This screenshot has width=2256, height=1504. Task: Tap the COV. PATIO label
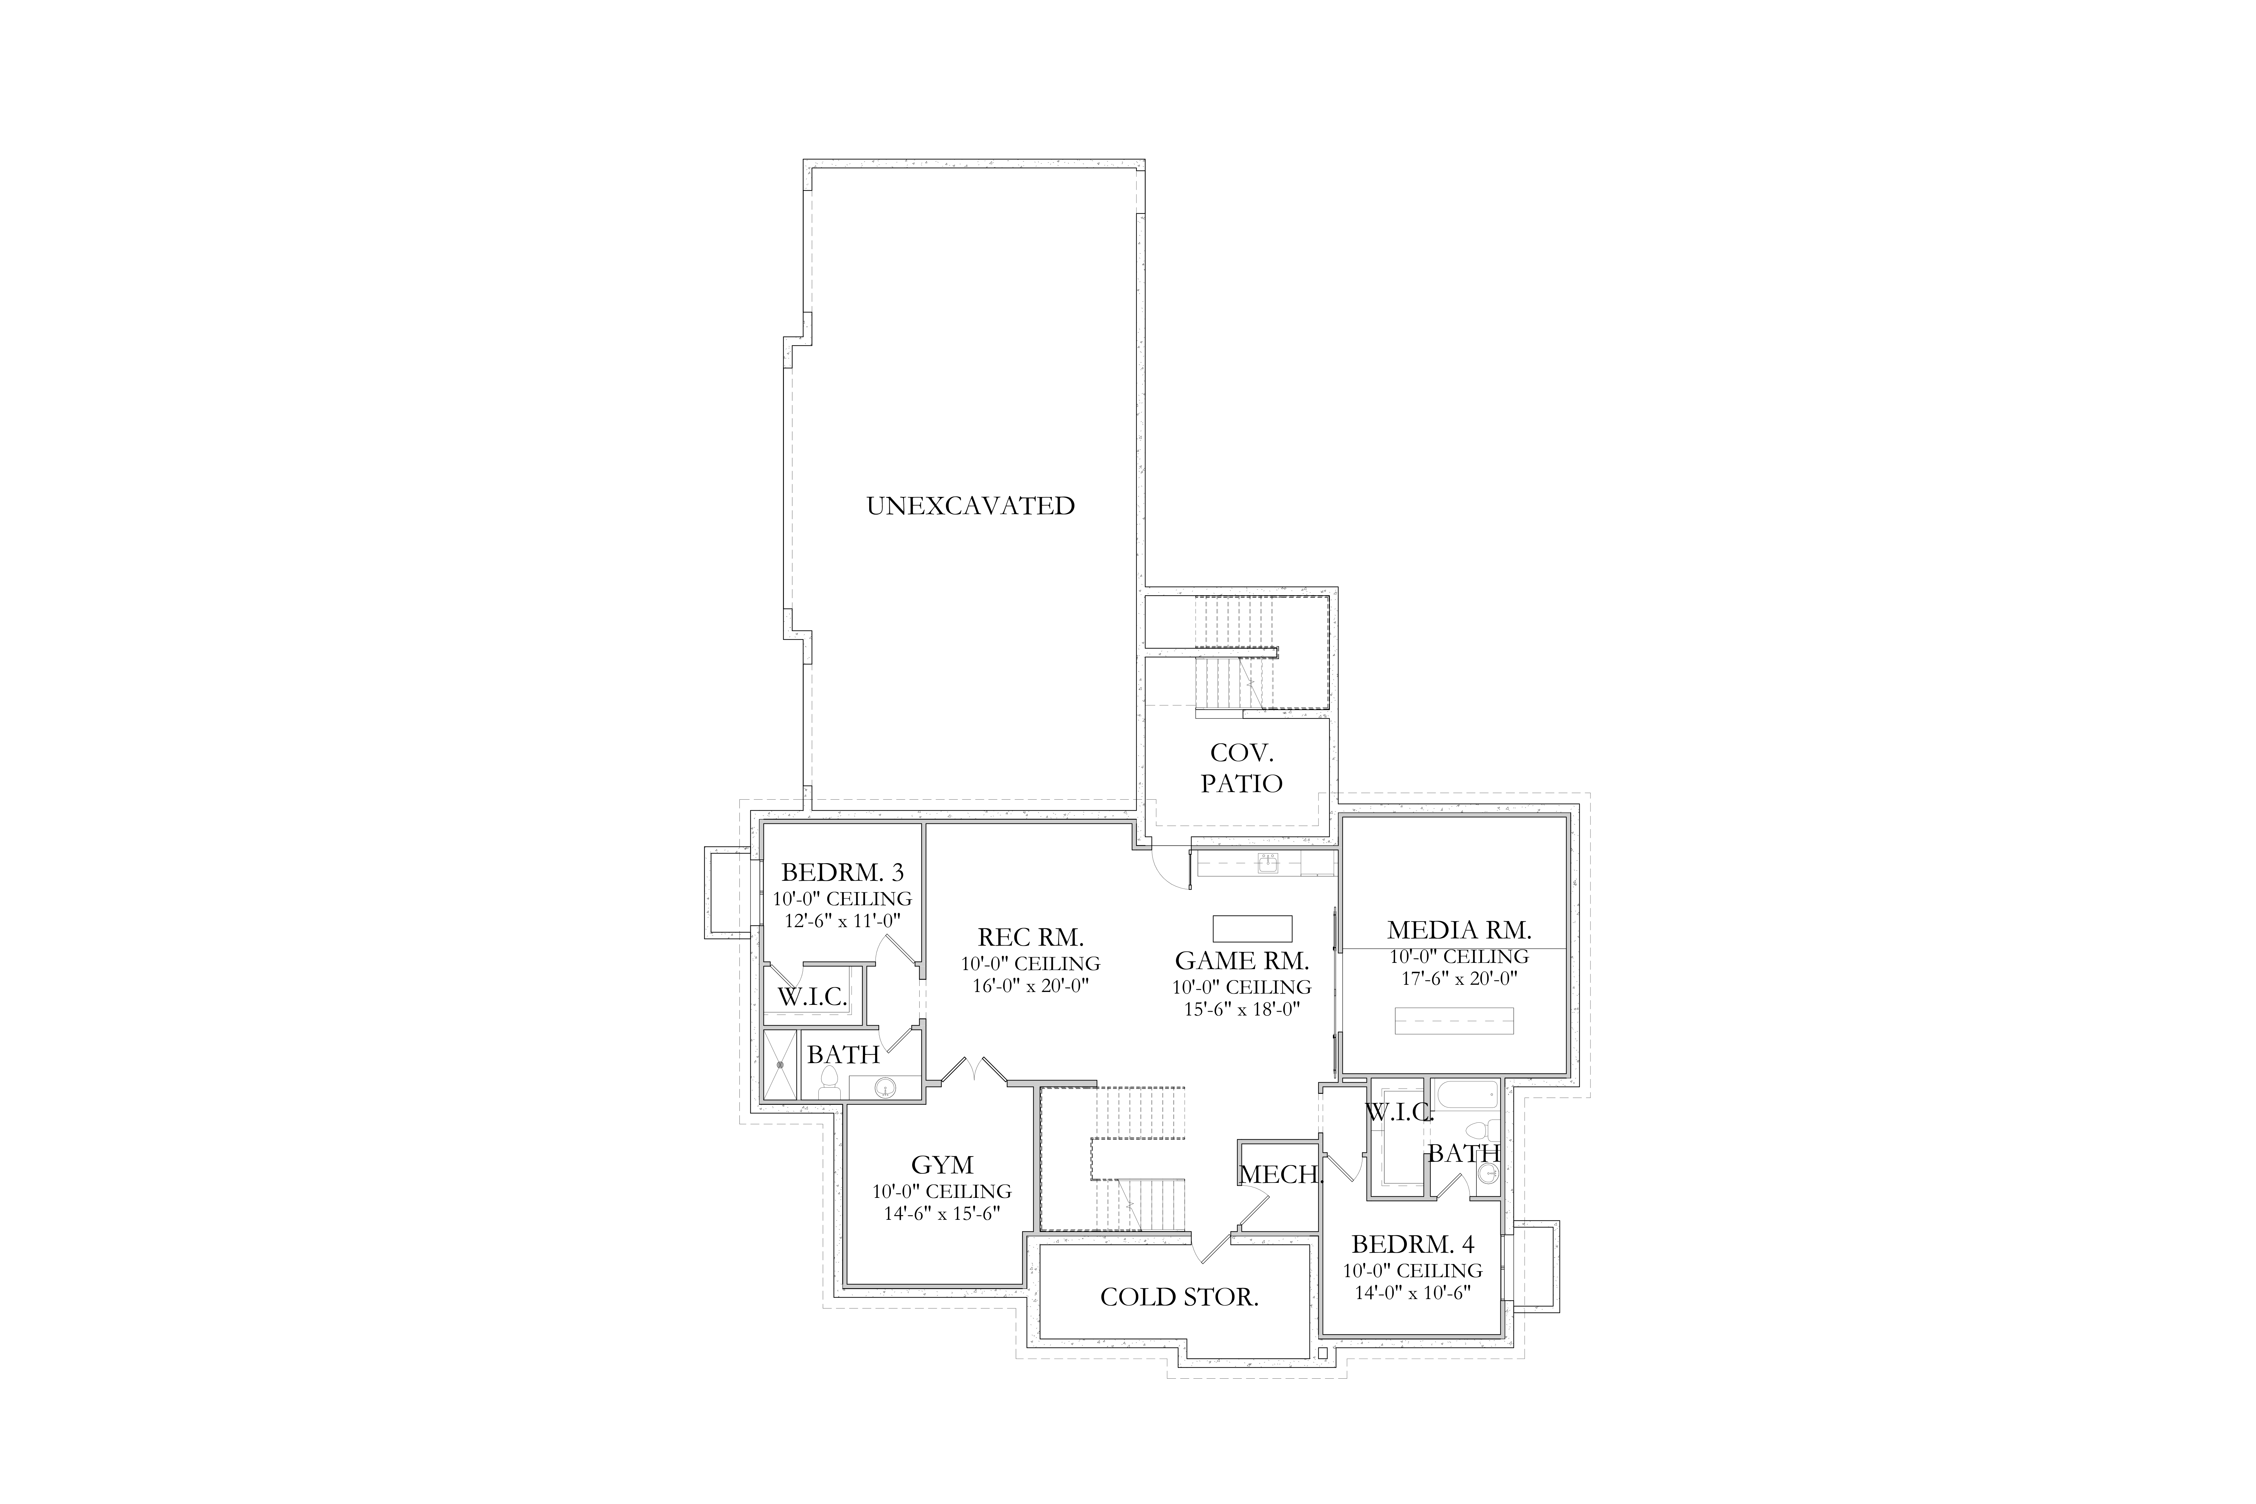tap(1241, 768)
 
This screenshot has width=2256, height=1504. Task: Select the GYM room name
tap(942, 1164)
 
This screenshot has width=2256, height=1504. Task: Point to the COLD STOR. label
tap(1179, 1297)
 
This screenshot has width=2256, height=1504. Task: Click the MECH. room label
tap(1281, 1174)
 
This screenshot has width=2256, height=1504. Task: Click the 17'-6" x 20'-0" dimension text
tap(1459, 978)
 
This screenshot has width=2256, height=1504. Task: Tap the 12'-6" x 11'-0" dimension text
tap(842, 921)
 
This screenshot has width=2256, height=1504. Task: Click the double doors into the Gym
tap(974, 1069)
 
